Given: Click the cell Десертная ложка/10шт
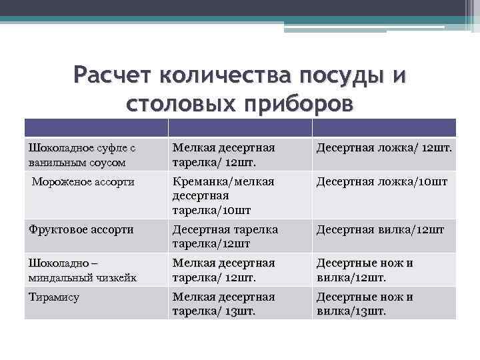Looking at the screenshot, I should [x=381, y=181].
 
